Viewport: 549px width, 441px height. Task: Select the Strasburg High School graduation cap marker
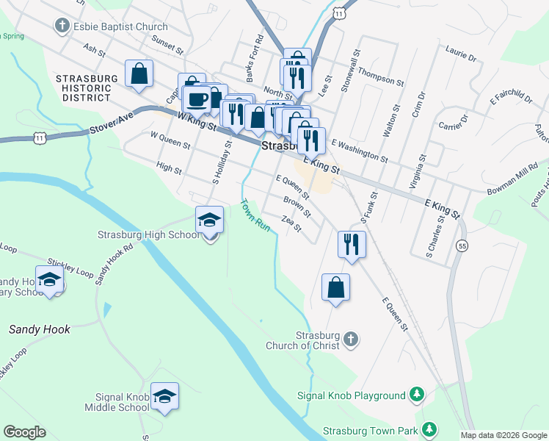209,220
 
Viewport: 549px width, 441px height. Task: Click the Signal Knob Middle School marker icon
165,397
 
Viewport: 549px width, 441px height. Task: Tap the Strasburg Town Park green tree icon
429,429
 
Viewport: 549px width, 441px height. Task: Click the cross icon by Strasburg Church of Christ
351,338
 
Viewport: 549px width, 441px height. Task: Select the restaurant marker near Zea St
352,243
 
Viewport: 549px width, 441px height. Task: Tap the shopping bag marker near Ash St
139,73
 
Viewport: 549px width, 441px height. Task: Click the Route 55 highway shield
462,245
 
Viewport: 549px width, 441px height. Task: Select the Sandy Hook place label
40,329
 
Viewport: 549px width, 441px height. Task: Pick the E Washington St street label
359,150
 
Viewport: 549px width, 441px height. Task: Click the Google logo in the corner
24,432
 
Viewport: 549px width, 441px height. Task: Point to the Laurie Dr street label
460,52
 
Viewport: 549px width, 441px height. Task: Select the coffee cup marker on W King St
197,99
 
